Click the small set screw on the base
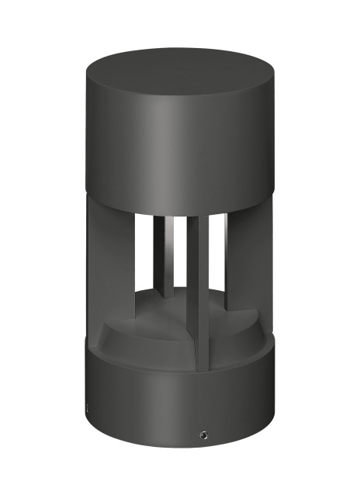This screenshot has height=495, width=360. (203, 432)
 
